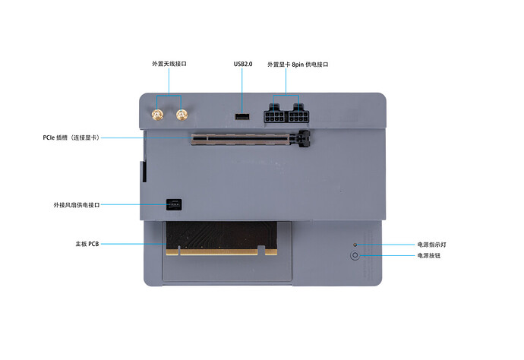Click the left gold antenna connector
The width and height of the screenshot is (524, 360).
pyautogui.click(x=157, y=115)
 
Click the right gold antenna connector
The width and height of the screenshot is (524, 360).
pyautogui.click(x=182, y=115)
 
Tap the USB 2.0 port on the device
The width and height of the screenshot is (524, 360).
pyautogui.click(x=242, y=117)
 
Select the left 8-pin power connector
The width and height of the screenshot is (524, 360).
pyautogui.click(x=276, y=114)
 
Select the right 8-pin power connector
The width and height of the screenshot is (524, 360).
pyautogui.click(x=298, y=114)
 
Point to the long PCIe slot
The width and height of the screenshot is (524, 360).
pyautogui.click(x=251, y=140)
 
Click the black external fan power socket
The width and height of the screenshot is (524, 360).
pyautogui.click(x=174, y=204)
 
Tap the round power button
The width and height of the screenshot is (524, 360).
pyautogui.click(x=355, y=255)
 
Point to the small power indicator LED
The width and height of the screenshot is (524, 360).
pyautogui.click(x=355, y=245)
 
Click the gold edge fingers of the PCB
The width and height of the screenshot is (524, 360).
pyautogui.click(x=222, y=251)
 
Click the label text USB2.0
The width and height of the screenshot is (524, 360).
pyautogui.click(x=243, y=64)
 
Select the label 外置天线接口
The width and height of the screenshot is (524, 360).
pyautogui.click(x=169, y=64)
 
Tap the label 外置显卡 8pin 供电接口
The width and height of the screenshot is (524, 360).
pyautogui.click(x=298, y=65)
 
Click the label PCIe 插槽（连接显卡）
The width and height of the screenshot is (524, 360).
pyautogui.click(x=71, y=137)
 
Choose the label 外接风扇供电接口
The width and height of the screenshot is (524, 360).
pyautogui.click(x=77, y=204)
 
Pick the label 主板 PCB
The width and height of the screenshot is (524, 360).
pyautogui.click(x=87, y=244)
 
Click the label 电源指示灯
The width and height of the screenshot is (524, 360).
pyautogui.click(x=432, y=245)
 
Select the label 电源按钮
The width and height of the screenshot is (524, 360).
pyautogui.click(x=429, y=255)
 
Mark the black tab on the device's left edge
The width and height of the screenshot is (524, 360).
pyautogui.click(x=144, y=172)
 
